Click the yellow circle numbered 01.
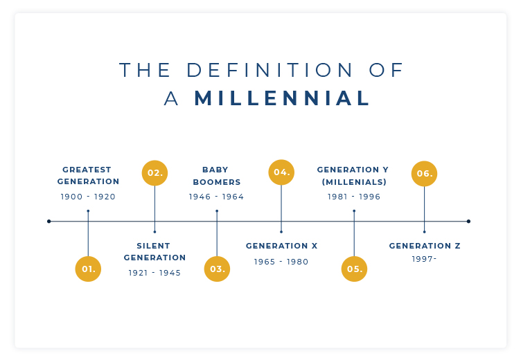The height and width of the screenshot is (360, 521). [88, 269]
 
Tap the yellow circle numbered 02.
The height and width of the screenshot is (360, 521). [154, 173]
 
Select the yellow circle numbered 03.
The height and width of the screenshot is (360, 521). [217, 269]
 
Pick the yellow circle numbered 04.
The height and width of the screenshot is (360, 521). [281, 172]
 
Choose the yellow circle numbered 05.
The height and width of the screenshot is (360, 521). [354, 269]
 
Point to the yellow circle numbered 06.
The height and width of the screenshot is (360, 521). [424, 173]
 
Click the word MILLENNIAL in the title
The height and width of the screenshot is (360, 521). [282, 98]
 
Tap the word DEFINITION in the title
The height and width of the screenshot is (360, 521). [269, 70]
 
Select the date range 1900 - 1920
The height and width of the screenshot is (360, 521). [88, 197]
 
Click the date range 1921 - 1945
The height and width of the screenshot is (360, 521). [154, 273]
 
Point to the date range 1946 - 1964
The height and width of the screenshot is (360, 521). [216, 197]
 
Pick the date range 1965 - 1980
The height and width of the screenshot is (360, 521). [281, 262]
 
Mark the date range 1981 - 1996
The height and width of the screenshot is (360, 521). [354, 197]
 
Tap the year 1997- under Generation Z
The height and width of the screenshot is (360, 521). [424, 259]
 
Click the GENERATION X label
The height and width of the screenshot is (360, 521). [282, 246]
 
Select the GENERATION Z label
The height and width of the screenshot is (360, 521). [425, 246]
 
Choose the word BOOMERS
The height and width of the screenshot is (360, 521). [217, 182]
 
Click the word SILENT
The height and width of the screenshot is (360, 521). [154, 246]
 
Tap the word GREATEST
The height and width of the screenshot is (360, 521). [87, 170]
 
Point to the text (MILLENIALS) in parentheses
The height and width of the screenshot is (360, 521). [354, 182]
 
